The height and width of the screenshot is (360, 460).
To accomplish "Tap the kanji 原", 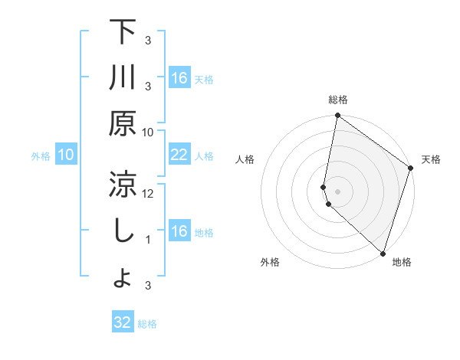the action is click(123, 123).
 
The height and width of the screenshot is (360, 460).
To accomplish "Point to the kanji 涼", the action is click(123, 184).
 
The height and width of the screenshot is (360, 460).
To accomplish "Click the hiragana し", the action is click(123, 231).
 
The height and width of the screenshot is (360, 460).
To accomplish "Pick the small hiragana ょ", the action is click(123, 279).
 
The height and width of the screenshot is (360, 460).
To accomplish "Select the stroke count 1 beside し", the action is click(149, 240).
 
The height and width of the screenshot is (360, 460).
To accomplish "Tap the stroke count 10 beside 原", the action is click(149, 132).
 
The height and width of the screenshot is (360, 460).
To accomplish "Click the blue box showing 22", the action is click(179, 155).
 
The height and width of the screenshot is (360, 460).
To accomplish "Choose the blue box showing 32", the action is click(123, 322).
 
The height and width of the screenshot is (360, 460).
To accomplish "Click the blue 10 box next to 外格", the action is click(66, 155).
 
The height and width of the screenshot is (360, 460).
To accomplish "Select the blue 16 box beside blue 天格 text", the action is click(179, 78).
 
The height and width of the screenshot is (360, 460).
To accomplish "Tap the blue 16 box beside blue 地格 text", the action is click(179, 231).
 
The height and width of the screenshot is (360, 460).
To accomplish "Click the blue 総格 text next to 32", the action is click(147, 324).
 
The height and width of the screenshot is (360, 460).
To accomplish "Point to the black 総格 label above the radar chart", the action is click(338, 100).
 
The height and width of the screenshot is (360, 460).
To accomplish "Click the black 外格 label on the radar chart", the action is click(270, 262).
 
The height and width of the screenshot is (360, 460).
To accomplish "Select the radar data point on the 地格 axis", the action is click(383, 254).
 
